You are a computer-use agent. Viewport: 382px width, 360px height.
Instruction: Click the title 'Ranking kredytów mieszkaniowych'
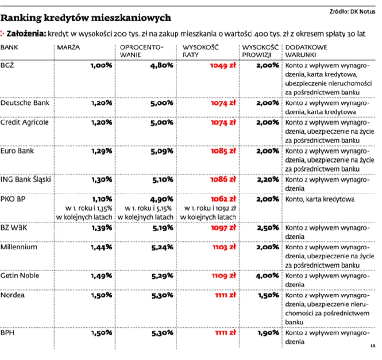85,18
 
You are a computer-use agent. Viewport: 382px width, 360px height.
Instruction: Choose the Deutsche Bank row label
25,102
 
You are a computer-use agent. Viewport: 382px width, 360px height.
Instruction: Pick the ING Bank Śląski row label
26,180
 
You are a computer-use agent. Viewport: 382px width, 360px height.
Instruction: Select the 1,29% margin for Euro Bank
101,151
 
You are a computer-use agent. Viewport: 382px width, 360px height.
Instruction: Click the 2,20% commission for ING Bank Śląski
268,180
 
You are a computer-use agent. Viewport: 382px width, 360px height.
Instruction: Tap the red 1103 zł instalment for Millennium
223,248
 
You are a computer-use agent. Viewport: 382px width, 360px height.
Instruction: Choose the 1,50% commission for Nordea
268,295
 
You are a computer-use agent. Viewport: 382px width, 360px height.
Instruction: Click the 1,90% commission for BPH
268,333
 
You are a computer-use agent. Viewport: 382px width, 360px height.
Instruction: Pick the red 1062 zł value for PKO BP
223,199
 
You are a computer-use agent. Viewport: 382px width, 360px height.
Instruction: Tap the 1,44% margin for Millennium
101,248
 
